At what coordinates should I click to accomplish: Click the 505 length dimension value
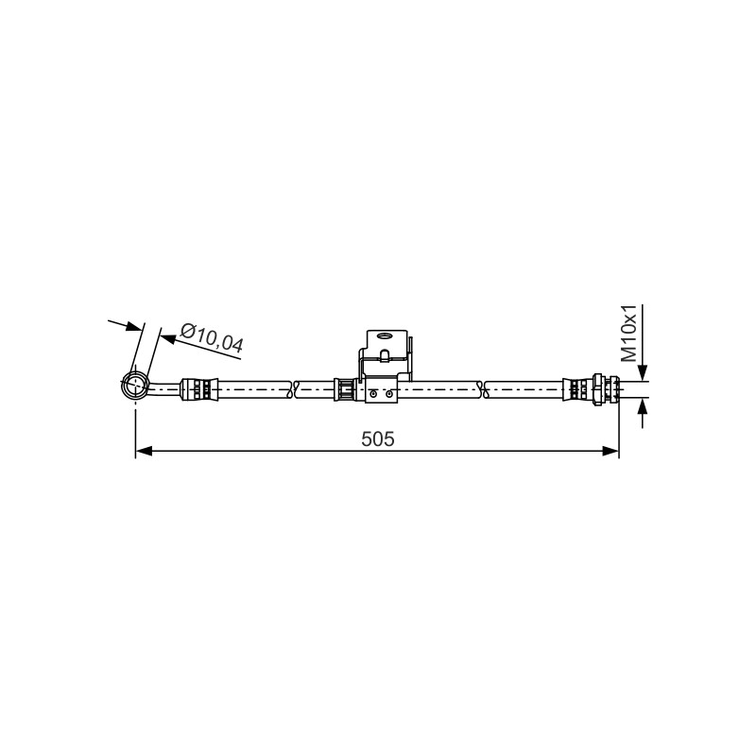377,438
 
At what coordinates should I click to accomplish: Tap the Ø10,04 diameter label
211,337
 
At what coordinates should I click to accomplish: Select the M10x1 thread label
629,334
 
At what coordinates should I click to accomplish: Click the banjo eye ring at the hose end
135,386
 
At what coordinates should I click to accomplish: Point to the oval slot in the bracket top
386,335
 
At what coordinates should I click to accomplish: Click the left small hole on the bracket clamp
372,394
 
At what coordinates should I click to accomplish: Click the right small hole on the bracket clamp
389,394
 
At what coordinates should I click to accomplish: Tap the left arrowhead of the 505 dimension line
144,452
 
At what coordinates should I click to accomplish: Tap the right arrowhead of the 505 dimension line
610,452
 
